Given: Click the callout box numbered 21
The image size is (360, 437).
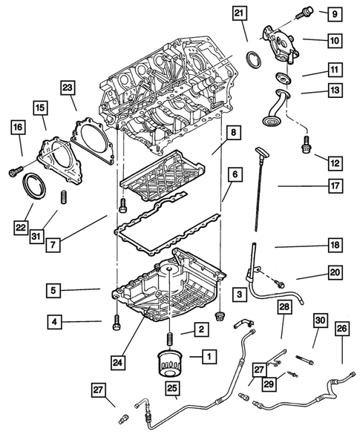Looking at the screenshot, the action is coord(239,13).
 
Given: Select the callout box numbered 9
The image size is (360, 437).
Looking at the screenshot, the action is coord(335,13).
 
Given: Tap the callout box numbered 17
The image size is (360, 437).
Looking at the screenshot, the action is coord(335,185).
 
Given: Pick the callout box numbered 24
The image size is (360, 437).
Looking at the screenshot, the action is coord(118,362).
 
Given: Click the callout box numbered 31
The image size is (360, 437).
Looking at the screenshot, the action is coord(36,237).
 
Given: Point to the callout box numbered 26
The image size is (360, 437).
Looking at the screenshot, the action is coord(342,329).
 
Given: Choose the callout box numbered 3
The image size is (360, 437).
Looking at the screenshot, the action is coord(239,295).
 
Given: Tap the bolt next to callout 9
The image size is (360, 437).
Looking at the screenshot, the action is coord(304,13).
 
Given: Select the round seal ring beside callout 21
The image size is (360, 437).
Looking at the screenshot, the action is coord(253,59).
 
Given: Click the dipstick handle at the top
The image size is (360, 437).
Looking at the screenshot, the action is coord(261,151).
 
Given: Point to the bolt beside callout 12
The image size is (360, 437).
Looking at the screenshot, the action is coord(306,145).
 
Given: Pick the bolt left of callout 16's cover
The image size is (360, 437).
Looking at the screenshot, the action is coord(16,171).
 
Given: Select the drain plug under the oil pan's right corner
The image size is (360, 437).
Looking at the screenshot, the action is coord(220,317).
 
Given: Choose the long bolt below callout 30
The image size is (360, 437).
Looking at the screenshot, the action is coord(304,360).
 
